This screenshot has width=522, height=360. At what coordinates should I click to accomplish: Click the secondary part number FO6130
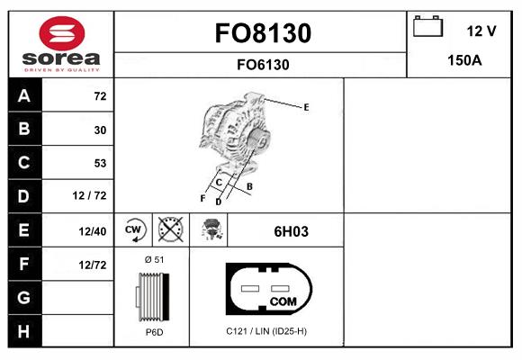(262, 64)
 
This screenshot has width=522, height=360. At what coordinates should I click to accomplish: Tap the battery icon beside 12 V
(426, 28)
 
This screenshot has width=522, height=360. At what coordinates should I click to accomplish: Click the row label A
(22, 96)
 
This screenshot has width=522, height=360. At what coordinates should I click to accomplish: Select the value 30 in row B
(99, 130)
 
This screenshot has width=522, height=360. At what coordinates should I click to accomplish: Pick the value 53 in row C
(99, 163)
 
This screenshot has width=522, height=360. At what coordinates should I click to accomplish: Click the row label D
(22, 196)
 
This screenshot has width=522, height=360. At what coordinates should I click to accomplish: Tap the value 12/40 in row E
(93, 231)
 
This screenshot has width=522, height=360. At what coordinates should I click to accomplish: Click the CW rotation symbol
(134, 229)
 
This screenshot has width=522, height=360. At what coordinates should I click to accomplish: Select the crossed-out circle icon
(170, 229)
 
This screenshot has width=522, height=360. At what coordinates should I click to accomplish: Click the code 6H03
(291, 231)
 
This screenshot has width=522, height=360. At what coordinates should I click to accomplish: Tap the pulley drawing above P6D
(152, 296)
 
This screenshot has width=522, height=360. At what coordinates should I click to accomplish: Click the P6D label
(153, 332)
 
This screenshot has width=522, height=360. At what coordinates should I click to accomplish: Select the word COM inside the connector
(283, 301)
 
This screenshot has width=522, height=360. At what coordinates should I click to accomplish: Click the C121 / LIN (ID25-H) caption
(266, 332)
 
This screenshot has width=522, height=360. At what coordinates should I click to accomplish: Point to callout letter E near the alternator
(306, 107)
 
